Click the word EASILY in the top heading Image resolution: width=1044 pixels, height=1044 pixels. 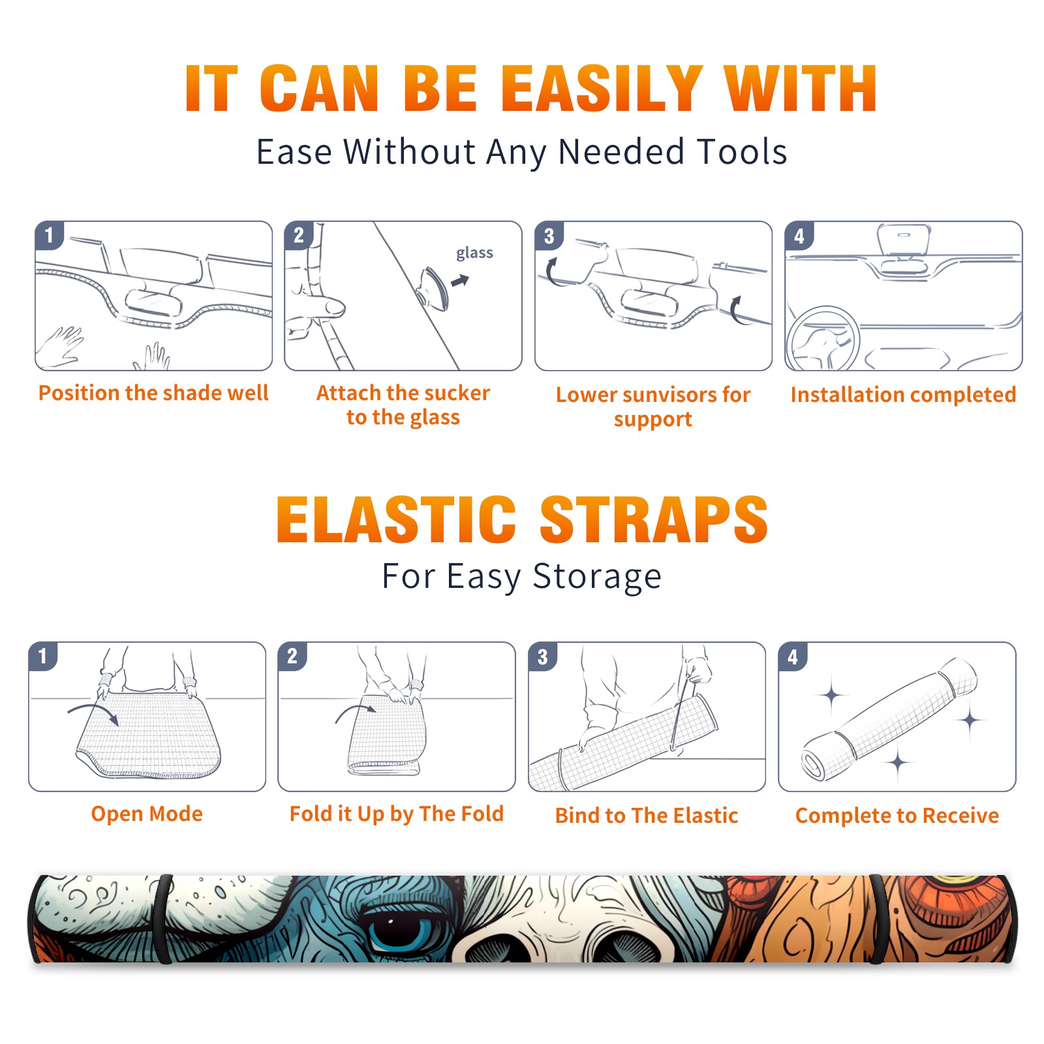(x=602, y=89)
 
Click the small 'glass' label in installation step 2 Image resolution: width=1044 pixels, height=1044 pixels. (x=474, y=253)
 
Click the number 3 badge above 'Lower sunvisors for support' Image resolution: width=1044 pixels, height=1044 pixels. (x=549, y=236)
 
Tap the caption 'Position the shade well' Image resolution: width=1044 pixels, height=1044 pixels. (x=153, y=393)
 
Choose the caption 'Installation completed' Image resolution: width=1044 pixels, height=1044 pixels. (x=903, y=394)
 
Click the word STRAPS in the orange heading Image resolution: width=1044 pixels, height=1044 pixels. (x=654, y=519)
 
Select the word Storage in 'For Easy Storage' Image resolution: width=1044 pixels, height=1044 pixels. (x=597, y=577)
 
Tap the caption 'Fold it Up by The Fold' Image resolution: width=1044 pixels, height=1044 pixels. (x=397, y=814)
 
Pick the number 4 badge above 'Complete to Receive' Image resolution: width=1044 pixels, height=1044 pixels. (x=793, y=656)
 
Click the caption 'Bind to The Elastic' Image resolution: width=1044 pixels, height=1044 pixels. (x=647, y=816)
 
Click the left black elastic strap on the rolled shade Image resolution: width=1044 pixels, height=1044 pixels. (x=163, y=919)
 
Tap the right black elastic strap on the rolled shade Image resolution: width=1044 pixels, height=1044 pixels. (x=878, y=919)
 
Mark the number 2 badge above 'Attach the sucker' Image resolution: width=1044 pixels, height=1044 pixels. (x=299, y=236)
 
